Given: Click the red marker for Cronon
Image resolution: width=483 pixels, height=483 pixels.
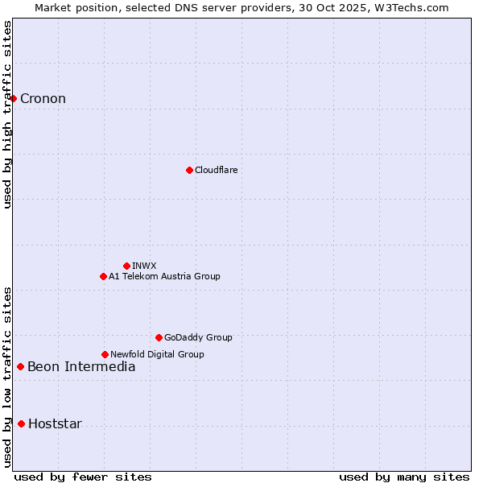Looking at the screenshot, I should pyautogui.click(x=14, y=99).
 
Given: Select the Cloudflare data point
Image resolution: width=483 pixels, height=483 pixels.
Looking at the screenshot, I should pyautogui.click(x=189, y=170).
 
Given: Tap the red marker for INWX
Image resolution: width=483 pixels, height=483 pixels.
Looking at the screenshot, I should pyautogui.click(x=126, y=266).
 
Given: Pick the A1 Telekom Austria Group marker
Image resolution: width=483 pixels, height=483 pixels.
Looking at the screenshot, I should pyautogui.click(x=103, y=276).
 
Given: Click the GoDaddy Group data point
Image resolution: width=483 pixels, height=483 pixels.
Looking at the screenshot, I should pyautogui.click(x=159, y=337).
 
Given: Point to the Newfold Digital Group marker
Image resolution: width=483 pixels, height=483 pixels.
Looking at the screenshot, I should pyautogui.click(x=105, y=354).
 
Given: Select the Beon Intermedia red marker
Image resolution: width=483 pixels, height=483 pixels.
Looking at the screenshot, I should pyautogui.click(x=21, y=366).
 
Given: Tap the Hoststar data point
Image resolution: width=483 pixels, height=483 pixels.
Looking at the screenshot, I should pyautogui.click(x=22, y=423).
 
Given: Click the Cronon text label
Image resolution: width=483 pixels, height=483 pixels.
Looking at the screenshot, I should pyautogui.click(x=43, y=99).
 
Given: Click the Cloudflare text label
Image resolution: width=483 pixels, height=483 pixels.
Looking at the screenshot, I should pyautogui.click(x=216, y=170).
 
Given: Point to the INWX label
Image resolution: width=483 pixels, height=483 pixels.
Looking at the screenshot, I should pyautogui.click(x=144, y=266).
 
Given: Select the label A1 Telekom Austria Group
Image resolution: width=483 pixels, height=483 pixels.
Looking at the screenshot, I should pyautogui.click(x=164, y=276).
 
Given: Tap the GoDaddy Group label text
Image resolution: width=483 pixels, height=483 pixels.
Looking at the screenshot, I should pyautogui.click(x=198, y=337).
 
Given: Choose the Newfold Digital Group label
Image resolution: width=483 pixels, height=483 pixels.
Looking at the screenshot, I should pyautogui.click(x=157, y=354).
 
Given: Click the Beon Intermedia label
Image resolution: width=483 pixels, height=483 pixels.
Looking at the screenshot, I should pyautogui.click(x=81, y=367).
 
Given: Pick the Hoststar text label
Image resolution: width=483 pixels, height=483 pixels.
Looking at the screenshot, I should pyautogui.click(x=55, y=424).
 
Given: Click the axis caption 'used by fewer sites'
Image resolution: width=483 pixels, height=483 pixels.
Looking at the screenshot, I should pyautogui.click(x=83, y=477).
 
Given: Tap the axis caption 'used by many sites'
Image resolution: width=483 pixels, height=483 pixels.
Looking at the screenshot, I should pyautogui.click(x=404, y=477).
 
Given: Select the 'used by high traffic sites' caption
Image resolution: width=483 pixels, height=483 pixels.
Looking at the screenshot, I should pyautogui.click(x=8, y=114).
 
